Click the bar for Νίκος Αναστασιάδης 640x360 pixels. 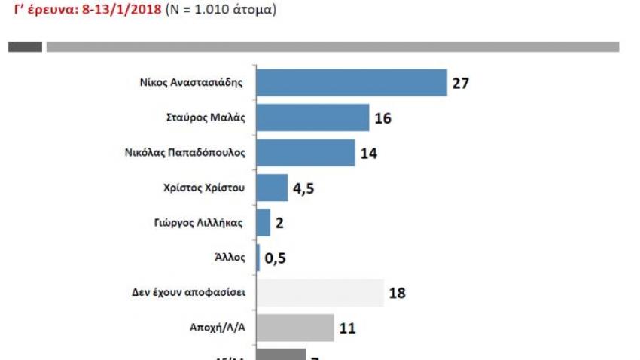(352, 83)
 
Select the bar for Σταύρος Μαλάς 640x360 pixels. (313, 118)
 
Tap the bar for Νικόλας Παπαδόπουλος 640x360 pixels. (306, 153)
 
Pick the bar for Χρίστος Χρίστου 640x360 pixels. (273, 188)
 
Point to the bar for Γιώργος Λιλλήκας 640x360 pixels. (264, 223)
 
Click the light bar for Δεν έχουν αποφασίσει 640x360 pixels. (321, 292)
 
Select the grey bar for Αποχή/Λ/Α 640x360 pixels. (296, 328)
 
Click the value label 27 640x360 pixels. (461, 84)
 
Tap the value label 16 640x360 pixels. (382, 119)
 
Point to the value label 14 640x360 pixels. (368, 154)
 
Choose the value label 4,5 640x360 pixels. (303, 188)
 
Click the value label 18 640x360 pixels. (397, 293)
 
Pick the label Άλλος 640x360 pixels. (231, 257)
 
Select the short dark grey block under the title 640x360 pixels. (25, 47)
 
